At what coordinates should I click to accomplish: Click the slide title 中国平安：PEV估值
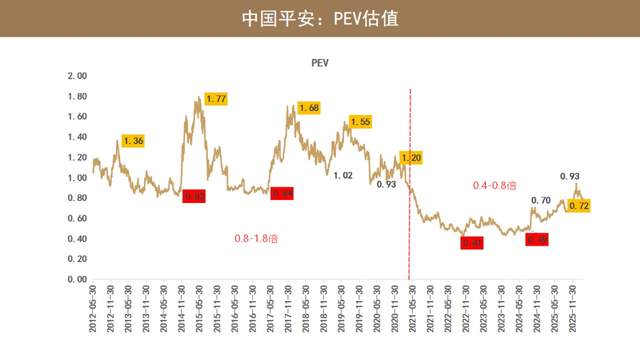point(320,18)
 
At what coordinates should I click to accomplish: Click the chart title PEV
point(320,63)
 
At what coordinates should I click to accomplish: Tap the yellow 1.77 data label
point(217,99)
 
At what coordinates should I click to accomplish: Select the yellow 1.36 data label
point(133,141)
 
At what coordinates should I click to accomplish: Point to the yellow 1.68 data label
point(308,108)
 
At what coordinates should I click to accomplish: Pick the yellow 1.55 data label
point(360,122)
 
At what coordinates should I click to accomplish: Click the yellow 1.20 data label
point(410,158)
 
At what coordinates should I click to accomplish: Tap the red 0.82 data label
point(194,196)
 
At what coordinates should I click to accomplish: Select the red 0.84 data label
point(282,192)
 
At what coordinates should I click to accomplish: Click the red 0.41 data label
point(472,243)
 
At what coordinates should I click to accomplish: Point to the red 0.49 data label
point(537,240)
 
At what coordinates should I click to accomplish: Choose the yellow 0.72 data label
point(579,206)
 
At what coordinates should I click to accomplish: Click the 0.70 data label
point(541,200)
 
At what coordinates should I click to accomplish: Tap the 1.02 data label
point(343,175)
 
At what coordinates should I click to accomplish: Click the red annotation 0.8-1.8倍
point(256,238)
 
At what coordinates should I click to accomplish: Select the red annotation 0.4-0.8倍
point(495,185)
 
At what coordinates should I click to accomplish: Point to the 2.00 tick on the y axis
point(76,76)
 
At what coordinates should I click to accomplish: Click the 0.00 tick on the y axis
point(76,279)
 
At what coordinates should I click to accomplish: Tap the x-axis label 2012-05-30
point(93,308)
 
